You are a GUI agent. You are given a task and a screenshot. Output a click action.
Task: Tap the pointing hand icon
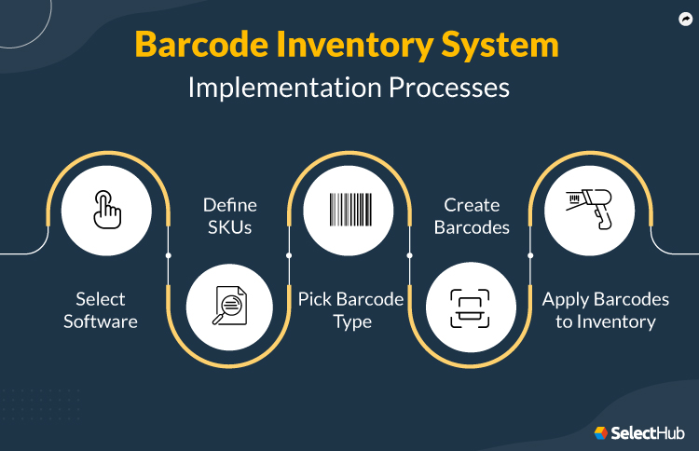point(107,212)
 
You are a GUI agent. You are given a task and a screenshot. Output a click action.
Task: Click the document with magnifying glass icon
point(229,306)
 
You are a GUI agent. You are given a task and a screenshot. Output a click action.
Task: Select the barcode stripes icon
point(349,212)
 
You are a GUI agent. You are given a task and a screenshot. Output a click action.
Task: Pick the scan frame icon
point(470,307)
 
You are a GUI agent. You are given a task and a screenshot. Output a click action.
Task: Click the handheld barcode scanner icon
point(590,212)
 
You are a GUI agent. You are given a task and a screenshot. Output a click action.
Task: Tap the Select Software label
point(101,310)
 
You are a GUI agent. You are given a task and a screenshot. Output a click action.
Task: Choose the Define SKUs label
point(229,216)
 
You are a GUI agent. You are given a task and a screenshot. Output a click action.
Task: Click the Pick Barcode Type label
point(350,310)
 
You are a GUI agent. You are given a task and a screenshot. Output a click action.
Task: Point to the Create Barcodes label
point(471,216)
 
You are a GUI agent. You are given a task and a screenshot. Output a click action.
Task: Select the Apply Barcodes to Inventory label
point(606,310)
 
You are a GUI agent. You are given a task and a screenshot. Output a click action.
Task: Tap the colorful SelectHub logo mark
point(601,433)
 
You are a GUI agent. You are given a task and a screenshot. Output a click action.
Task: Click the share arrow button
point(685,18)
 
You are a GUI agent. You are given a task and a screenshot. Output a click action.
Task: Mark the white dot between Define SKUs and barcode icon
point(289,254)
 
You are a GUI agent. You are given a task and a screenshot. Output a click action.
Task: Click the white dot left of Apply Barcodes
point(530,254)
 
